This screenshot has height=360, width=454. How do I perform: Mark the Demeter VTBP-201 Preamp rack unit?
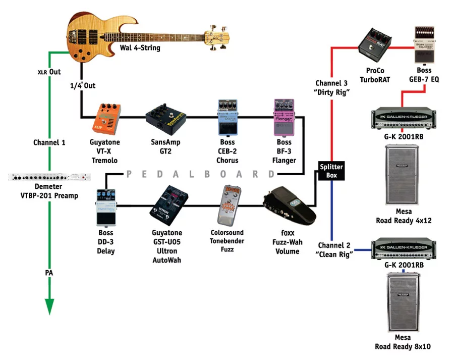tap(48, 178)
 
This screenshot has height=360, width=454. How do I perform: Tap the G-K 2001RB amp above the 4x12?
tap(403, 119)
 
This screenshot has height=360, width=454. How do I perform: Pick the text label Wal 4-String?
tap(140, 48)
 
